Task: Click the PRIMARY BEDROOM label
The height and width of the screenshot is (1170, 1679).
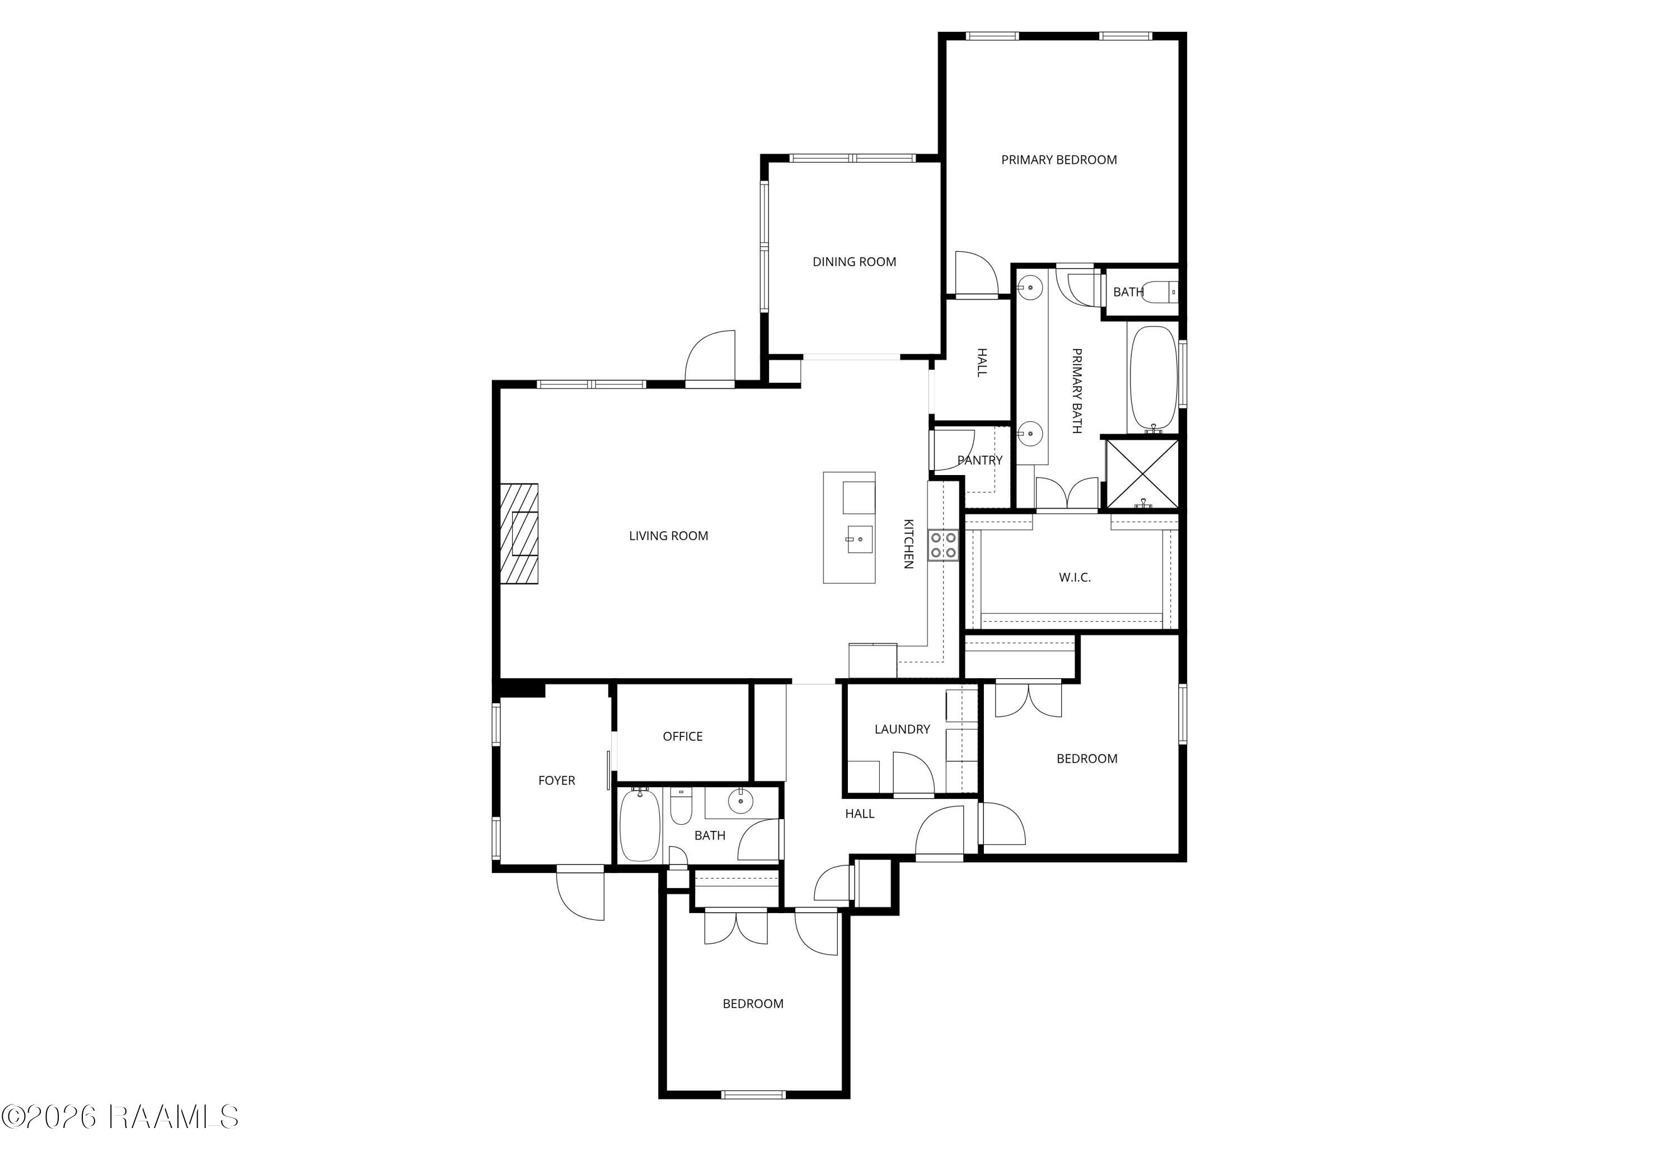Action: pos(1059,159)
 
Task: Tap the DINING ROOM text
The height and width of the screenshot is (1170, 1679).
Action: pos(854,262)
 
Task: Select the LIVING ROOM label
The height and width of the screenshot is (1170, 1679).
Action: pos(668,536)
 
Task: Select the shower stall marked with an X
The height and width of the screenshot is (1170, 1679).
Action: pos(1142,473)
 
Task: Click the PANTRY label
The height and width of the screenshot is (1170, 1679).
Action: pos(980,460)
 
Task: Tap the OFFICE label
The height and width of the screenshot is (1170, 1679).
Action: pos(682,736)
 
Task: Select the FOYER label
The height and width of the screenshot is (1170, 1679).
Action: pos(556,780)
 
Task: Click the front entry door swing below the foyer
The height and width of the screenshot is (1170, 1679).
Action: pos(580,894)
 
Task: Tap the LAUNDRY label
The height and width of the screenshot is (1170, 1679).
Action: pos(902,729)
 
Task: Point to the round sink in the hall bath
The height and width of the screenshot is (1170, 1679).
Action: pos(742,801)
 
